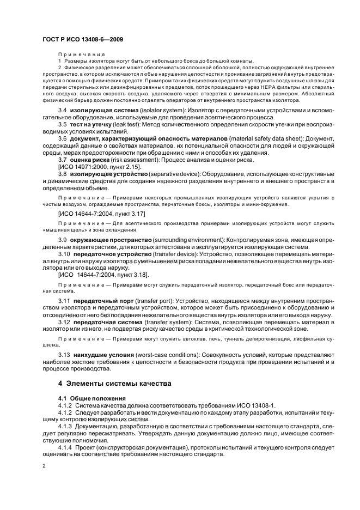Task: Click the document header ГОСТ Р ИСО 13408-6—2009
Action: point(78,40)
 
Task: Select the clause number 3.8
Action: point(63,173)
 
